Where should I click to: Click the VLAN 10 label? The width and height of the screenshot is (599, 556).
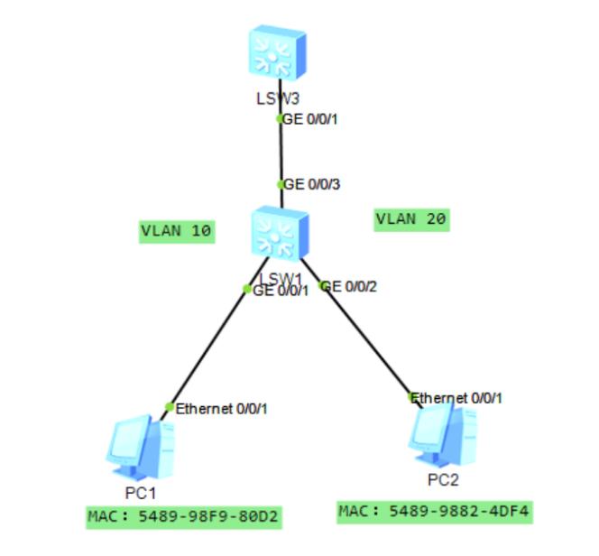pos(177,231)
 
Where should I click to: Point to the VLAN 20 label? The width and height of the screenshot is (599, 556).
pos(411,218)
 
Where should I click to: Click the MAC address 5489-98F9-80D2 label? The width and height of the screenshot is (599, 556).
pos(183,517)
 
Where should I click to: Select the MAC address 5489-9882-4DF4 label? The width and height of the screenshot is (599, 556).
pos(434,512)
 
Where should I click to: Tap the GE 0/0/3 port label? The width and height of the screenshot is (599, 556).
pos(312,184)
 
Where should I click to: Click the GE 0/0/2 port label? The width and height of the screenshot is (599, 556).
pos(350,287)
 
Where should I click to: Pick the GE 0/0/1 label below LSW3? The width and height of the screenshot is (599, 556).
pos(310,118)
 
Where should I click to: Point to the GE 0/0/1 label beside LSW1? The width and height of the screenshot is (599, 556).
pos(281,291)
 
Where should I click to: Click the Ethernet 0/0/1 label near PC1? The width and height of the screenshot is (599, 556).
pos(221,409)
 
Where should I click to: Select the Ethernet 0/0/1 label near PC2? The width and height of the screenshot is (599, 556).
pos(458,397)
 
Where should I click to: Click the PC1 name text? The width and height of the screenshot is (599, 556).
pos(141,493)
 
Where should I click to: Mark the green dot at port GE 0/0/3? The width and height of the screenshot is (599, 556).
pos(281,185)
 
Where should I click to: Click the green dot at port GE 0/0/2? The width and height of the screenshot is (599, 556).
pos(323,286)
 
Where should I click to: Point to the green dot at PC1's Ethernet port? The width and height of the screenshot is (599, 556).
pos(169,407)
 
